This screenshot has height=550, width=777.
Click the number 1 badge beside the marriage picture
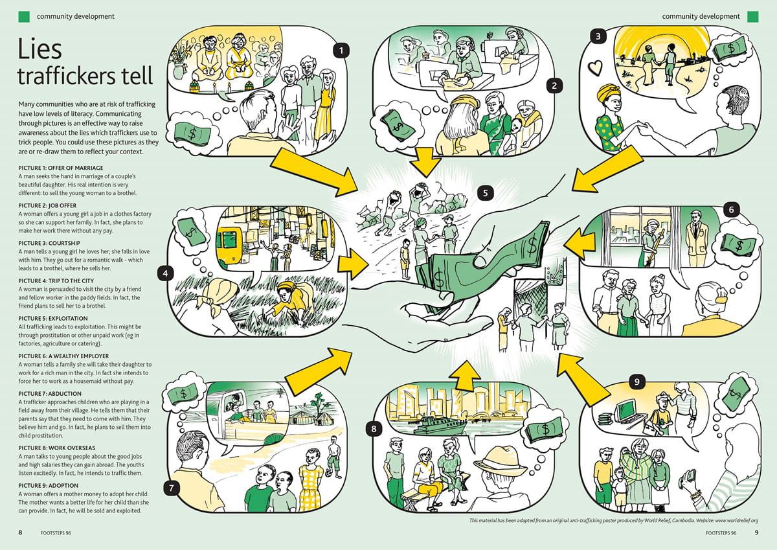[x=341, y=49]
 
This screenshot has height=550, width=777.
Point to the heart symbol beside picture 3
[x=594, y=66]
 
